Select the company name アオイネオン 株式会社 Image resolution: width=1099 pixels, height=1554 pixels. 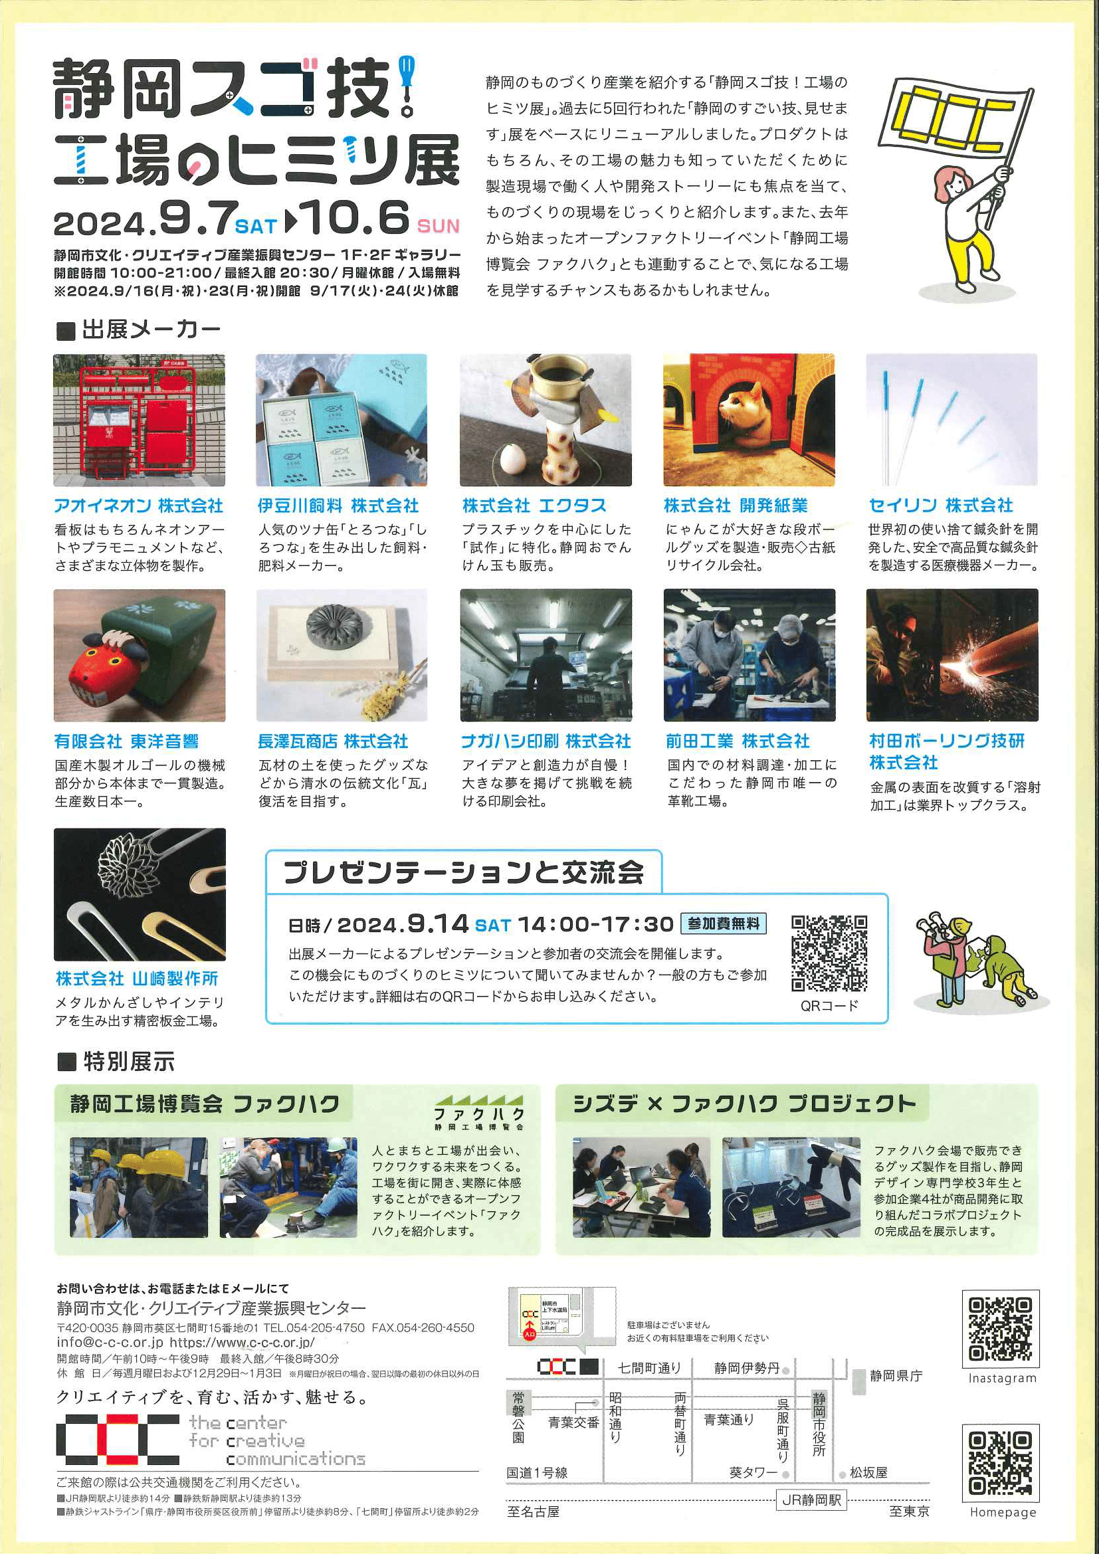139,506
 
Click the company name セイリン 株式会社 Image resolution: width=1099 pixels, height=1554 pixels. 941,506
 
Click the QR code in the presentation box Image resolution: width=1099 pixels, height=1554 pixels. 829,953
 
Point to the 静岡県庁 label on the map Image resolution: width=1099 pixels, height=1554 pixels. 896,1376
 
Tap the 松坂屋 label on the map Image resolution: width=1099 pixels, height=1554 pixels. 868,1473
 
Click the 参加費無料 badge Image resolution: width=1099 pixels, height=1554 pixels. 724,923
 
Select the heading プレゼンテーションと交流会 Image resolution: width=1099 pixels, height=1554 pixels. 464,872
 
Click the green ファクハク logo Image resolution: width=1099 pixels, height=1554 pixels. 478,1113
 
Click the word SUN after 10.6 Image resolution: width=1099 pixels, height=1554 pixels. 439,225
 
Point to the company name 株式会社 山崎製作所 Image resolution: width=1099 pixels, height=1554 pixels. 137,978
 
